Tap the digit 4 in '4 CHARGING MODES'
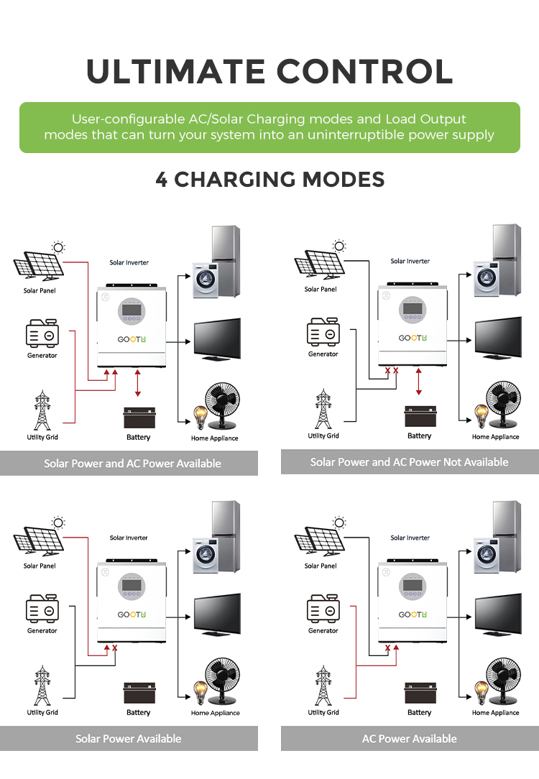pyautogui.click(x=162, y=180)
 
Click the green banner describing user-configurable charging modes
pyautogui.click(x=269, y=128)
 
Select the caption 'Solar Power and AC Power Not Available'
pyautogui.click(x=410, y=462)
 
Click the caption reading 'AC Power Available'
pyautogui.click(x=410, y=739)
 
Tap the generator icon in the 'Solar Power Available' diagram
pyautogui.click(x=42, y=607)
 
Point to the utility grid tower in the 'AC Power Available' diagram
pyautogui.click(x=323, y=686)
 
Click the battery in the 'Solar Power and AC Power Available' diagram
pyautogui.click(x=139, y=418)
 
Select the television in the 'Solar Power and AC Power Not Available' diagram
pyautogui.click(x=498, y=338)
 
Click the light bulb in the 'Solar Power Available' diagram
pyautogui.click(x=201, y=693)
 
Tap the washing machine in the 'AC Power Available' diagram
pyautogui.click(x=487, y=555)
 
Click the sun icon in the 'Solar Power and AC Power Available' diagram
pyautogui.click(x=58, y=247)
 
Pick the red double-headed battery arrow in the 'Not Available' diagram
pyautogui.click(x=419, y=382)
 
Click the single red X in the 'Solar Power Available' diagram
pyautogui.click(x=115, y=647)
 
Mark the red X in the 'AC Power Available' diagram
pyautogui.click(x=387, y=647)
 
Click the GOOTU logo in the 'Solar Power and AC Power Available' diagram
pyautogui.click(x=132, y=339)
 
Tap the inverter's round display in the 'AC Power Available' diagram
pyautogui.click(x=413, y=586)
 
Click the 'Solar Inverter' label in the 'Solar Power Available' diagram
pyautogui.click(x=129, y=538)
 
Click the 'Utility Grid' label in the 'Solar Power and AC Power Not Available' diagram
pyautogui.click(x=323, y=435)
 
